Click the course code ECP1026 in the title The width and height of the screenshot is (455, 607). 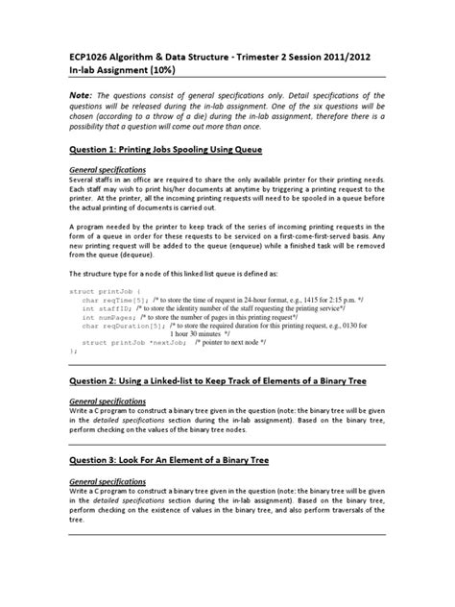pos(95,57)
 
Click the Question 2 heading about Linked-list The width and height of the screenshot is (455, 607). pos(227,379)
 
